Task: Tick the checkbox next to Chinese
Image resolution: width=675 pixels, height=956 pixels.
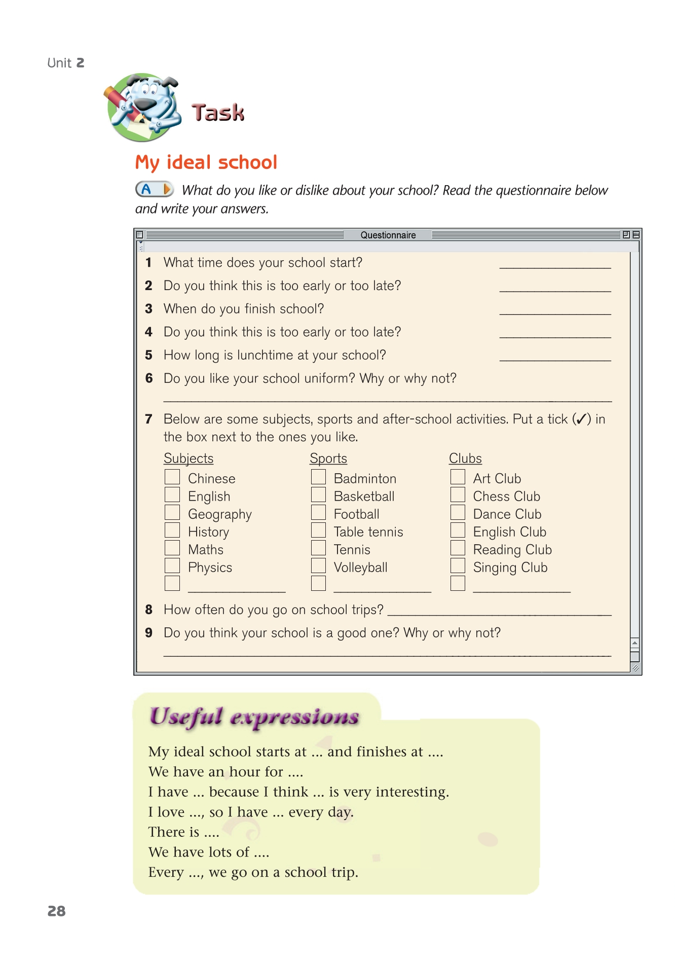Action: [x=172, y=477]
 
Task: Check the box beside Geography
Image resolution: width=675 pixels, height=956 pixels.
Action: [x=172, y=512]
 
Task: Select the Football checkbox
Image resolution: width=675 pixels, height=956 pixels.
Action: [x=318, y=512]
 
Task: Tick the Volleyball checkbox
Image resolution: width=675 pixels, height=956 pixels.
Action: [x=318, y=565]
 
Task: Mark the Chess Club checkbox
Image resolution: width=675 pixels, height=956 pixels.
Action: [x=458, y=494]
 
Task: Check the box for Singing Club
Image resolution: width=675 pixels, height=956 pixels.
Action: [x=458, y=565]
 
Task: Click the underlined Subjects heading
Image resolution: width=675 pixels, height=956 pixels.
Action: [x=189, y=458]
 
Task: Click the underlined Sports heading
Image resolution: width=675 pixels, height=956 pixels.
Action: [x=328, y=458]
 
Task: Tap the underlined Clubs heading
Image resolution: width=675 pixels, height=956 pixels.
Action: [x=465, y=458]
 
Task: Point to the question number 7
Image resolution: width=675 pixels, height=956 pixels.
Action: [x=148, y=419]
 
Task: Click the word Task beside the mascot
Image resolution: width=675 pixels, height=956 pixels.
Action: [x=218, y=113]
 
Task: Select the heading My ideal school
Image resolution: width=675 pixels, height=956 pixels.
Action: [x=206, y=162]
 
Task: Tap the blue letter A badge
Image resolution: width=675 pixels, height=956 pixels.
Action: [x=147, y=190]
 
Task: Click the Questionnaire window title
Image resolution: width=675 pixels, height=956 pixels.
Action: [x=388, y=235]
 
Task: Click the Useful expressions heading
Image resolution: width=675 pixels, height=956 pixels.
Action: [x=254, y=717]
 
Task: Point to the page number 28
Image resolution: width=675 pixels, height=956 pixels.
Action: [x=56, y=911]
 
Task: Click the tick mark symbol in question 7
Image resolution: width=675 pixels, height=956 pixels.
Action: [x=581, y=419]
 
